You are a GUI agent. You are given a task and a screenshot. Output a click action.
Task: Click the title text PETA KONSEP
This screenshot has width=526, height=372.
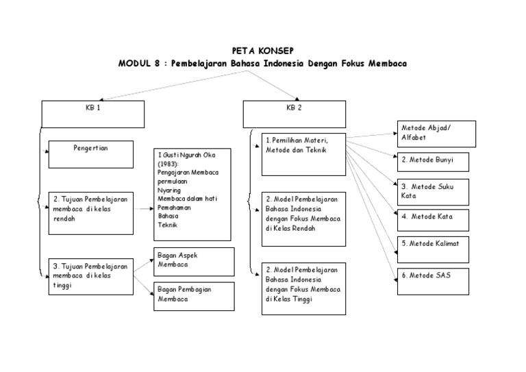[x=262, y=50]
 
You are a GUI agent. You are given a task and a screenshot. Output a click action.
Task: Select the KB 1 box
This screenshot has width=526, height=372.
[x=93, y=114]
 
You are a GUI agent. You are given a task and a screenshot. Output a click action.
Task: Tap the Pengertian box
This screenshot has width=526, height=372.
[x=90, y=154]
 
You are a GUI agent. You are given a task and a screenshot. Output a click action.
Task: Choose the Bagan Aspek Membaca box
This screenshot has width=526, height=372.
[x=194, y=261]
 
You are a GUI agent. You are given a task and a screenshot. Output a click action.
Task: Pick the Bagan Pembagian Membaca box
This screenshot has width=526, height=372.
[x=194, y=295]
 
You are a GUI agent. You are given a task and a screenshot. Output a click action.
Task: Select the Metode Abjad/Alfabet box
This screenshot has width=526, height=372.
[x=436, y=134]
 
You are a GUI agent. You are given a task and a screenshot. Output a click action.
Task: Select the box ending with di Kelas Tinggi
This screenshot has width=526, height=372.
[x=303, y=288]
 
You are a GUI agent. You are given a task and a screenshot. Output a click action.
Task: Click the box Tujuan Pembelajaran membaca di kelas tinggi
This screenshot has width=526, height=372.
[x=90, y=276]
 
